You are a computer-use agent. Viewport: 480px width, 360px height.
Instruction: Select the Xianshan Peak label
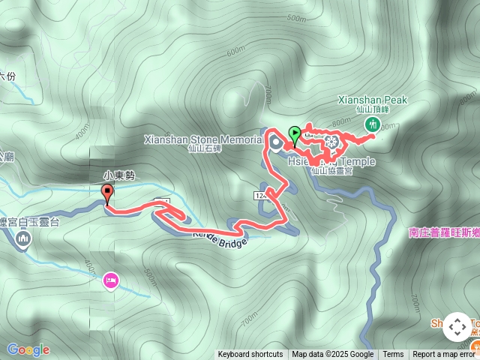pyautogui.click(x=372, y=99)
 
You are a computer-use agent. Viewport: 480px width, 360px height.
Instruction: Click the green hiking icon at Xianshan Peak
pyautogui.click(x=374, y=124)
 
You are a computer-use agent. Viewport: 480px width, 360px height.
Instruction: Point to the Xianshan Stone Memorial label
pyautogui.click(x=202, y=139)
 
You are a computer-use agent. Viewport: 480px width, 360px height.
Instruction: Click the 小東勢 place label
pyautogui.click(x=119, y=176)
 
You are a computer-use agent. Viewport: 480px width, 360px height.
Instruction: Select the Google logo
pyautogui.click(x=28, y=349)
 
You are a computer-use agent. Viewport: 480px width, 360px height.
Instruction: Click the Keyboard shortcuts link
pyautogui.click(x=250, y=355)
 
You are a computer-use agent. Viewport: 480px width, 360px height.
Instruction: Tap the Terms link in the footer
pyautogui.click(x=393, y=355)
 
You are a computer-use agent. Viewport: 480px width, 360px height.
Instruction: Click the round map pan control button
pyautogui.click(x=457, y=327)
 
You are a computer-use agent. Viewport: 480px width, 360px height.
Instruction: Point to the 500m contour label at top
pyautogui.click(x=296, y=18)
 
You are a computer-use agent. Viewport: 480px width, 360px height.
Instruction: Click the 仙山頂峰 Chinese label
pyautogui.click(x=373, y=109)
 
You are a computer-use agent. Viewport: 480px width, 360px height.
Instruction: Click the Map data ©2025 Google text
pyautogui.click(x=333, y=355)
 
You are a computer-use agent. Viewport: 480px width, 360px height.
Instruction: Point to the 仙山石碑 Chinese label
pyautogui.click(x=205, y=148)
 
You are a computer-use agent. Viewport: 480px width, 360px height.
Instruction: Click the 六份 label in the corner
pyautogui.click(x=7, y=76)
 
